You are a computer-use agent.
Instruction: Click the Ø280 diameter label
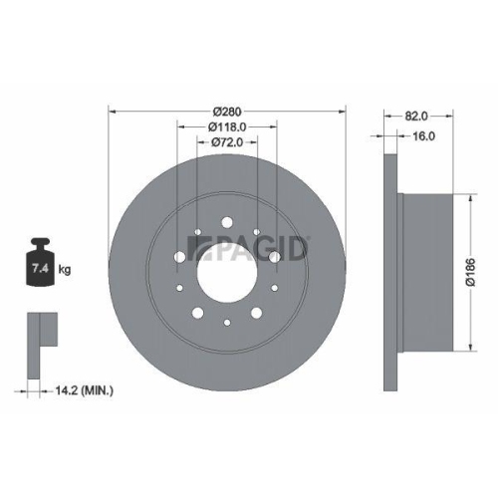[x=227, y=111]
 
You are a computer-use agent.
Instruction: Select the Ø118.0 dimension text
[x=227, y=126]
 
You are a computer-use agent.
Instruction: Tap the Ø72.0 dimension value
[x=228, y=143]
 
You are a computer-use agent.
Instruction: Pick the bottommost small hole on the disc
[x=228, y=321]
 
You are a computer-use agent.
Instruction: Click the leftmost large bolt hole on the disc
[x=179, y=257]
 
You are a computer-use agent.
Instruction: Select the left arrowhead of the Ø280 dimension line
[x=110, y=111]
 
